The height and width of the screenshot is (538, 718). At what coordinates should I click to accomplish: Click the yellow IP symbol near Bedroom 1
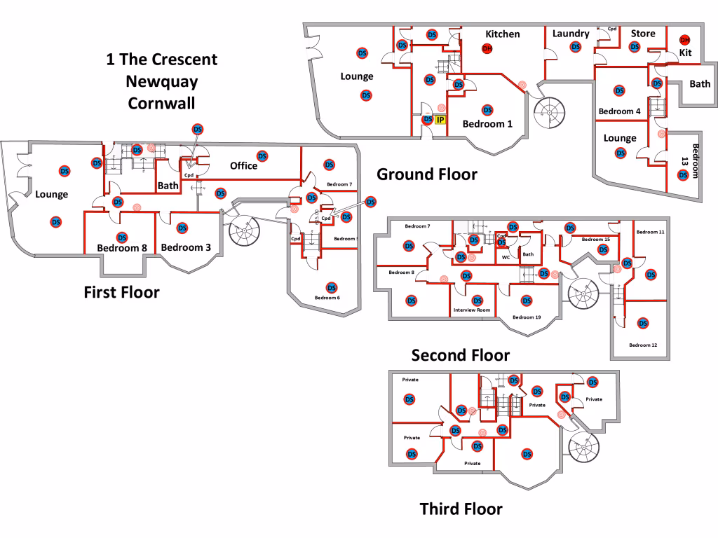440,120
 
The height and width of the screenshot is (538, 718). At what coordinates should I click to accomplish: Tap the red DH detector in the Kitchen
487,48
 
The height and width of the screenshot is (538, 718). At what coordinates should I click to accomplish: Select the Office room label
243,166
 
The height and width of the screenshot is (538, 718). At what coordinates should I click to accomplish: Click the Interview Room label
472,310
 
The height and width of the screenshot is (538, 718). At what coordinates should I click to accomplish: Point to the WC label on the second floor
506,257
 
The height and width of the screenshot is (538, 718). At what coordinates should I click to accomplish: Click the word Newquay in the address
161,81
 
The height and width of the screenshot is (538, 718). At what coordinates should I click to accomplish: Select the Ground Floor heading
427,174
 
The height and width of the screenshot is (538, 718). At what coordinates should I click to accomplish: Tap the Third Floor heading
461,509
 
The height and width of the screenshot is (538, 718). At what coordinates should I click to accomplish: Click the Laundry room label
571,34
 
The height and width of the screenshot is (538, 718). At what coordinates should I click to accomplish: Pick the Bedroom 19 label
527,317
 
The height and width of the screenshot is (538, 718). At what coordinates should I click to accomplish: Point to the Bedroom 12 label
643,345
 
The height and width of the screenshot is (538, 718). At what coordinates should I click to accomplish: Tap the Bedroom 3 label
186,247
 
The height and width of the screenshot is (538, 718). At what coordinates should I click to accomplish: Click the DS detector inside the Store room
635,47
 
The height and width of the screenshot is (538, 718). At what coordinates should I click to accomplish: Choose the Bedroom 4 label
619,111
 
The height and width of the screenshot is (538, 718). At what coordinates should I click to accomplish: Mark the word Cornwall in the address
161,104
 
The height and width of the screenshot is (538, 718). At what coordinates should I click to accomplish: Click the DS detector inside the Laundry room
575,47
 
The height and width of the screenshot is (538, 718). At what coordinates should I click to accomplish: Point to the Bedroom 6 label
327,298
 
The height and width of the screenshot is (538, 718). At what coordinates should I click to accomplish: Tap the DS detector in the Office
262,156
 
